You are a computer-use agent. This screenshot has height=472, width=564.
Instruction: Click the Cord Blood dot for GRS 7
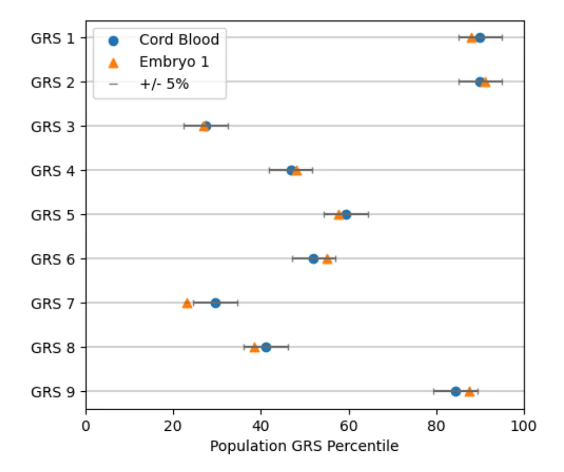coord(215,303)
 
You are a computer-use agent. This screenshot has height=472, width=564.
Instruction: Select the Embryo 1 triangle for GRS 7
coord(187,303)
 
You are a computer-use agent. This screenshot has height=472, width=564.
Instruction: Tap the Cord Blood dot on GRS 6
coord(313,259)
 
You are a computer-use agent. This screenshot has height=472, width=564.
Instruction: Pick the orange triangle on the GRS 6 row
coord(327,259)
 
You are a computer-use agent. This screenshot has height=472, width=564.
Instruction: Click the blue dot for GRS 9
coord(455,391)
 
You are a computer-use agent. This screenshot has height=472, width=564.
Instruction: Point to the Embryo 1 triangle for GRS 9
coord(469,392)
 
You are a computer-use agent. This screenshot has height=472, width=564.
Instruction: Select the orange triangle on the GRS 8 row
coord(255,347)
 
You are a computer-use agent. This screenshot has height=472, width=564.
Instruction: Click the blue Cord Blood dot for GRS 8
coord(266,347)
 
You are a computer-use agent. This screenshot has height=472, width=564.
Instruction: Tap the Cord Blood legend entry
coord(178,40)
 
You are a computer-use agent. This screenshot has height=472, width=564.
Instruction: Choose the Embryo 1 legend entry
coord(174,62)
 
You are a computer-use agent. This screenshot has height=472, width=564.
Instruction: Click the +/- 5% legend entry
coord(164,85)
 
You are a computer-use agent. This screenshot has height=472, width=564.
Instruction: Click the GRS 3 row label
coord(54,126)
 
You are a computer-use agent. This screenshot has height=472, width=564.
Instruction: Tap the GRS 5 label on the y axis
coord(54,214)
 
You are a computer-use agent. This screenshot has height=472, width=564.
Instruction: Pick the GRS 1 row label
coord(54,38)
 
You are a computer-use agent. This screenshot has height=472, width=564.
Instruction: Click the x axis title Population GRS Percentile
coord(304,446)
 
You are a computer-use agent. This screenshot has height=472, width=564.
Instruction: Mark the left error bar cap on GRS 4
coord(269,170)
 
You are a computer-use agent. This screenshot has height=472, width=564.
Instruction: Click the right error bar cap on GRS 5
coord(368,214)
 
